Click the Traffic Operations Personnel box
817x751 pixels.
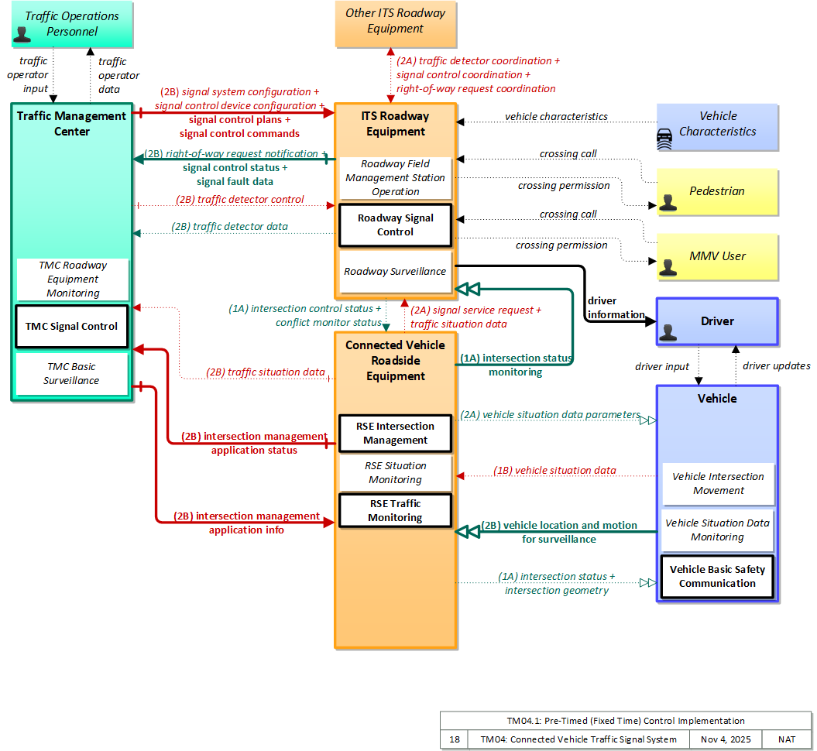pos(72,24)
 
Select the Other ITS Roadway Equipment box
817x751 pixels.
pos(396,24)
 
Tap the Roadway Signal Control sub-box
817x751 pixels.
pos(395,225)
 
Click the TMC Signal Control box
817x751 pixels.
pos(71,327)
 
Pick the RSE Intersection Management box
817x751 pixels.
pos(395,434)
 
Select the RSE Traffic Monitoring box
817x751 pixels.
pos(395,510)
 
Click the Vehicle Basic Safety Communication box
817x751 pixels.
pos(717,577)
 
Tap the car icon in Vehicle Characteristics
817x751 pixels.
pos(664,139)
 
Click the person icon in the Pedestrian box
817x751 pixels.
pos(668,203)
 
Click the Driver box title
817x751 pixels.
pos(717,321)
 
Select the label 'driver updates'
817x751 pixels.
pos(777,366)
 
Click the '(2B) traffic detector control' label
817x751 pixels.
pos(240,200)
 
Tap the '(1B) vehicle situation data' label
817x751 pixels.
pos(554,470)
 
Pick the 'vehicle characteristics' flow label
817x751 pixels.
pos(556,117)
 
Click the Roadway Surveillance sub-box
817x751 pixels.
pos(395,271)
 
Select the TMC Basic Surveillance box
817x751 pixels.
pos(71,373)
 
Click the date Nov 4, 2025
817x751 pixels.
pos(726,739)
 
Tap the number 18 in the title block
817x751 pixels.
pos(455,739)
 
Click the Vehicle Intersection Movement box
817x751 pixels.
pos(718,483)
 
